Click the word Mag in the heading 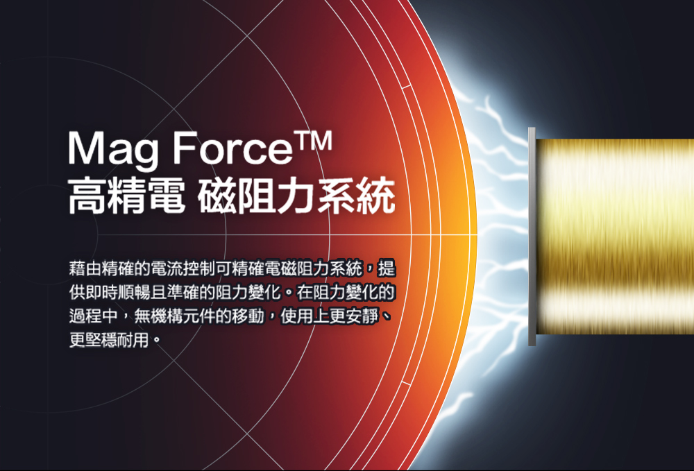113,149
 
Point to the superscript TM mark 314,141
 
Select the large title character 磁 217,195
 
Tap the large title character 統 377,195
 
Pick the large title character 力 297,195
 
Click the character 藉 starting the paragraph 77,268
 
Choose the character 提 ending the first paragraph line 387,268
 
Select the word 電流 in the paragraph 167,268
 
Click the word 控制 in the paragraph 199,268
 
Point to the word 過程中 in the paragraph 94,316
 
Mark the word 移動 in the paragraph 248,316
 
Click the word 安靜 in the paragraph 362,316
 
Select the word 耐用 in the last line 134,340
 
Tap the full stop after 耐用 155,341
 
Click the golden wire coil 615,237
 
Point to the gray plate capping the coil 532,237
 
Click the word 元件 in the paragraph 199,316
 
